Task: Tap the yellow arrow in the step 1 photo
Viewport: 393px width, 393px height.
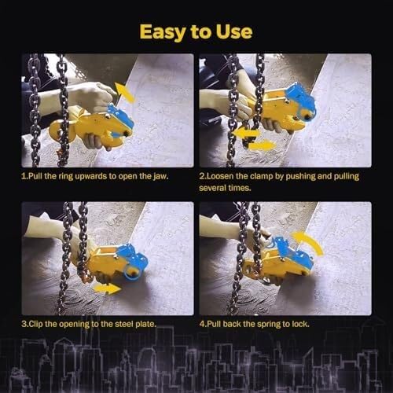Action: tap(125, 92)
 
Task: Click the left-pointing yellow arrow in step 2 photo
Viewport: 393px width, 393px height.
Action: tap(246, 133)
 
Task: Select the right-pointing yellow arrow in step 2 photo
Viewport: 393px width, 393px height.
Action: tap(262, 145)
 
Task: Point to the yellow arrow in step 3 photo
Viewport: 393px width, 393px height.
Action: tap(108, 288)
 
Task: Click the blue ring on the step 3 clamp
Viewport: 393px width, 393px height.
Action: tap(131, 274)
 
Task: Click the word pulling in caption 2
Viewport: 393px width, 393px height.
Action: tap(346, 176)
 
